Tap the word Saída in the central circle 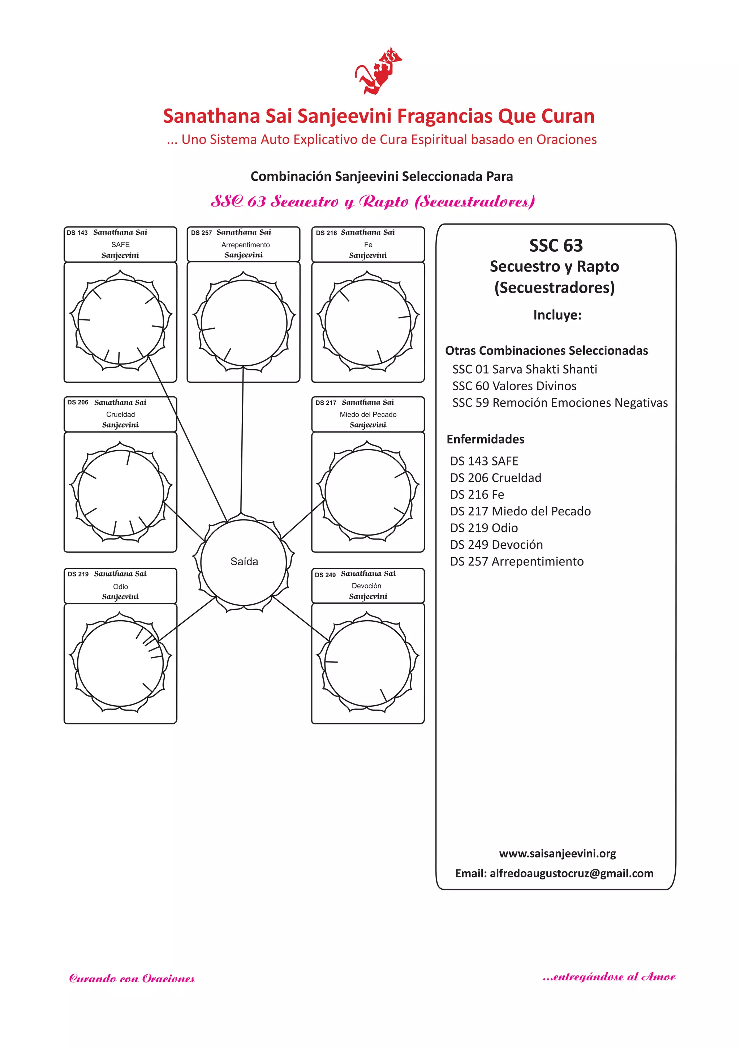(x=244, y=561)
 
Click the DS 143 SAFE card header (x=120, y=244)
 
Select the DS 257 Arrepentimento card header (x=244, y=244)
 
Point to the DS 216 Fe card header (x=368, y=244)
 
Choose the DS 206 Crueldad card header (x=120, y=414)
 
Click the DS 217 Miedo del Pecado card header (x=368, y=414)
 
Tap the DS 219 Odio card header (x=120, y=586)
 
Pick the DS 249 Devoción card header (x=368, y=586)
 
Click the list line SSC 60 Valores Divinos (x=514, y=386)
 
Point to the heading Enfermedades (x=485, y=439)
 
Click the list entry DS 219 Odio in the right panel (x=484, y=528)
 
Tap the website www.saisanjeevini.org (x=557, y=854)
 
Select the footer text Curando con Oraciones (x=132, y=979)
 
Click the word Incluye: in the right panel (x=557, y=315)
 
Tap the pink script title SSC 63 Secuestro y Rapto (x=373, y=201)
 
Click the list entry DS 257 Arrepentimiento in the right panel (x=517, y=561)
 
